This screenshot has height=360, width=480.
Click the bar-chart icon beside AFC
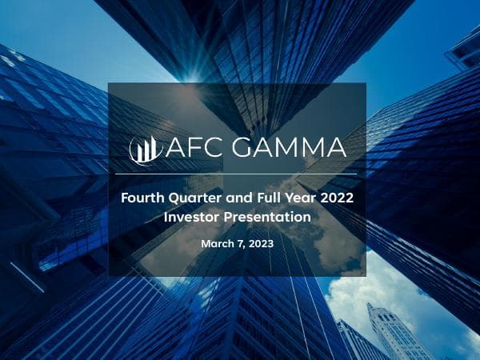(145, 149)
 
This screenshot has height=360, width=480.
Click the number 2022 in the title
(337, 196)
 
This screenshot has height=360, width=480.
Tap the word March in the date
(215, 242)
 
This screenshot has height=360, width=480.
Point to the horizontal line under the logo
(236, 174)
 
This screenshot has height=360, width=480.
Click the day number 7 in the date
(238, 242)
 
